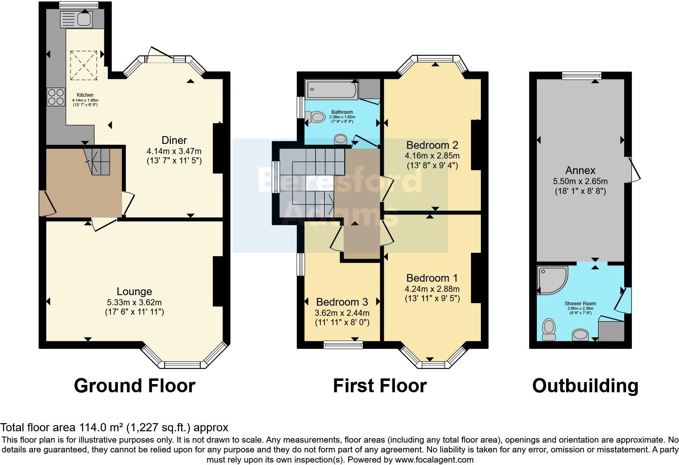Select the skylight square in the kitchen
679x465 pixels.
[84, 65]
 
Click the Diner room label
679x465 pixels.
[174, 140]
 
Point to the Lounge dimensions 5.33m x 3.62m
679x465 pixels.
[134, 302]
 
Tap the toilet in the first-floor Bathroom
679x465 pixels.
[315, 117]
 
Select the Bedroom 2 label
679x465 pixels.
[432, 145]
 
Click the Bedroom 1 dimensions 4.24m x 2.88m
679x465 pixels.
[432, 289]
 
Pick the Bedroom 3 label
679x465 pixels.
[342, 302]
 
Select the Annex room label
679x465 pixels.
[580, 170]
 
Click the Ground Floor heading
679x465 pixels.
[134, 385]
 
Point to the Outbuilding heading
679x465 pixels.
[585, 385]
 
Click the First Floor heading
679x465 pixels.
[380, 385]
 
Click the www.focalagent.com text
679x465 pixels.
[434, 460]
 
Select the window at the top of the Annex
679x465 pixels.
[582, 76]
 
